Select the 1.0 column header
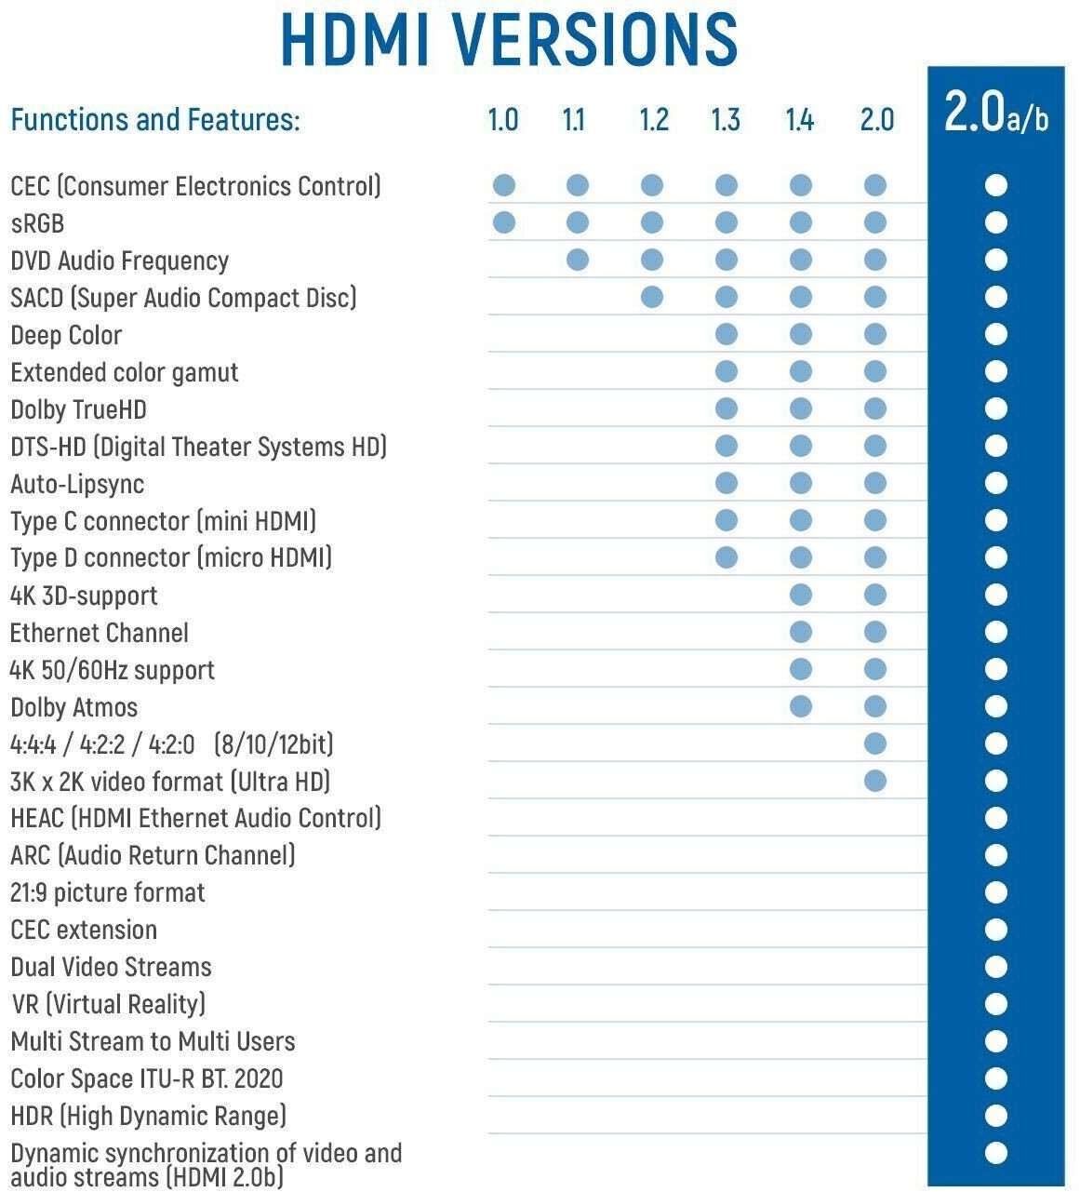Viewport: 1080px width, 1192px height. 503,120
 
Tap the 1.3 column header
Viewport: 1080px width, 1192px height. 726,120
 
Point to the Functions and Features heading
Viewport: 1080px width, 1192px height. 155,120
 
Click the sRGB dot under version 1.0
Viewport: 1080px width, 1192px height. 503,222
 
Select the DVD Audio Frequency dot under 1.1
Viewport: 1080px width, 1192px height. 577,260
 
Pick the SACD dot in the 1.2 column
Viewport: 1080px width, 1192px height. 652,297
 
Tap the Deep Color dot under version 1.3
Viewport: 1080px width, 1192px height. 727,334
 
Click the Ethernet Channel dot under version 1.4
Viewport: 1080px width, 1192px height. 800,632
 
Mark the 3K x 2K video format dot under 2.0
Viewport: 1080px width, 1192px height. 874,781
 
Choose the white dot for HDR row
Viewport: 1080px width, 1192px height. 995,1116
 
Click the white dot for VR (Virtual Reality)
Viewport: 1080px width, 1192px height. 995,1004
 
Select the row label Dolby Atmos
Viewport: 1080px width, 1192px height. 74,707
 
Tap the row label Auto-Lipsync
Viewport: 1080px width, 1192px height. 77,484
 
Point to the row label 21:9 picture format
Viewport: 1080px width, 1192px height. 108,893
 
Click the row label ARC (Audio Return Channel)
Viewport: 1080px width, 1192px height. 153,855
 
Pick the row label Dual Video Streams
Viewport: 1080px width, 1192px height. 112,967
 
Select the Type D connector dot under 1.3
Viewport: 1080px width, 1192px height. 727,557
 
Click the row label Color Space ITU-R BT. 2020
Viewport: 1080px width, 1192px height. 147,1079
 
